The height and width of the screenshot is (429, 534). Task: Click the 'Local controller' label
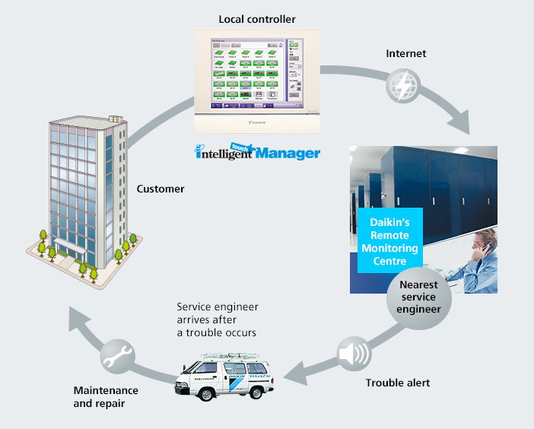point(256,17)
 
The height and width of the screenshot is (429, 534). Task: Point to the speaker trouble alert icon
point(353,354)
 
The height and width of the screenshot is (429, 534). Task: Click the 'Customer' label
point(161,189)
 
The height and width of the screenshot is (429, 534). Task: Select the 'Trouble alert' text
point(398,383)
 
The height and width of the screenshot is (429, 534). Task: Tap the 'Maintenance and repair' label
point(106,397)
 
